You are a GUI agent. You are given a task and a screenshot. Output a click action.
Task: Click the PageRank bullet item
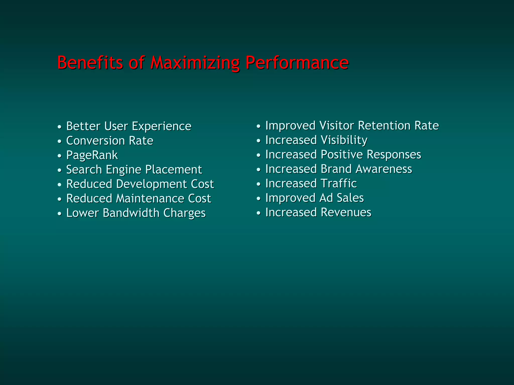point(92,155)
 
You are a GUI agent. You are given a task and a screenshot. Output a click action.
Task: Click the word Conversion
point(95,141)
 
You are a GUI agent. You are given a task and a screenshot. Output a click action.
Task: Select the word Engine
point(123,170)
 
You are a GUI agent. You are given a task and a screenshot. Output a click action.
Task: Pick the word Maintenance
point(150,198)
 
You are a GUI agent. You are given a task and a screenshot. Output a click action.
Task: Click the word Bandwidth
point(131,213)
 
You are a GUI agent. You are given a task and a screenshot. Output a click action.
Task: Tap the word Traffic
point(339,183)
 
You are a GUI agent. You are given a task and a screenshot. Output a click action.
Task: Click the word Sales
point(350,198)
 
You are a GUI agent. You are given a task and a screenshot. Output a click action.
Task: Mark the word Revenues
point(346,212)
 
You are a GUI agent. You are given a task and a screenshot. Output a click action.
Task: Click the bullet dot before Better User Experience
point(59,127)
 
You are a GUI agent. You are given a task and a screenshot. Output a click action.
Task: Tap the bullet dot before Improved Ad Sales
point(259,199)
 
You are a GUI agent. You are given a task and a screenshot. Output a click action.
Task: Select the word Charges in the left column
point(184,213)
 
